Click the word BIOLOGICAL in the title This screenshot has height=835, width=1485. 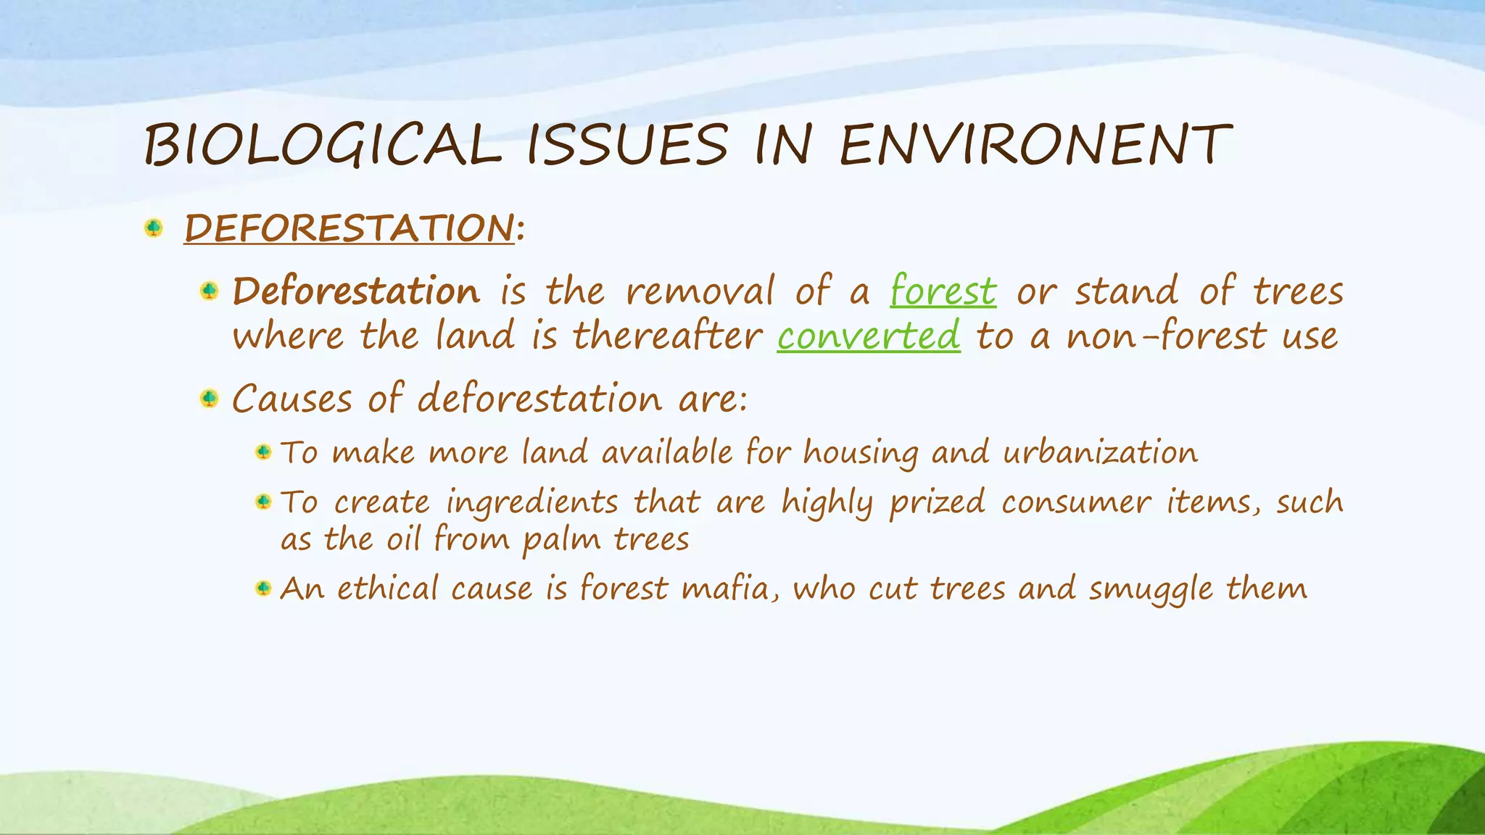pos(322,145)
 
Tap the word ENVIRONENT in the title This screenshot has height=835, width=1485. pos(1035,145)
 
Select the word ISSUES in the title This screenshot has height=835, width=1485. pos(626,145)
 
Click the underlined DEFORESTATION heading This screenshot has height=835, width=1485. pos(349,228)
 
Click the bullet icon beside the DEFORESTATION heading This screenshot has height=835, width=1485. pos(153,228)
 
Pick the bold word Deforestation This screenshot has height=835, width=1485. pos(356,291)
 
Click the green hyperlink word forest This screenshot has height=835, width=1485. pos(943,291)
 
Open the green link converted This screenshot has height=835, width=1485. pos(868,336)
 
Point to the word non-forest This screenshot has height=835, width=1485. pos(1165,336)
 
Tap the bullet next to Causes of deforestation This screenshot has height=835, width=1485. pos(209,399)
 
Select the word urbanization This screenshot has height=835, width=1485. pos(1100,453)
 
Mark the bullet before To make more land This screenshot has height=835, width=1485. pos(263,452)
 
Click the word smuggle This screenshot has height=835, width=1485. pos(1149,589)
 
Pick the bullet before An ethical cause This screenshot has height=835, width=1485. pos(263,588)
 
